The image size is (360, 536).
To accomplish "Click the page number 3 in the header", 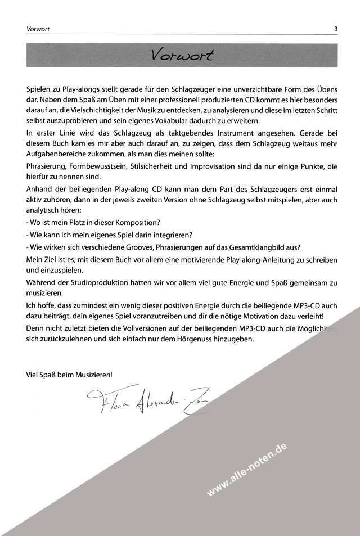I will click(x=335, y=29).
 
